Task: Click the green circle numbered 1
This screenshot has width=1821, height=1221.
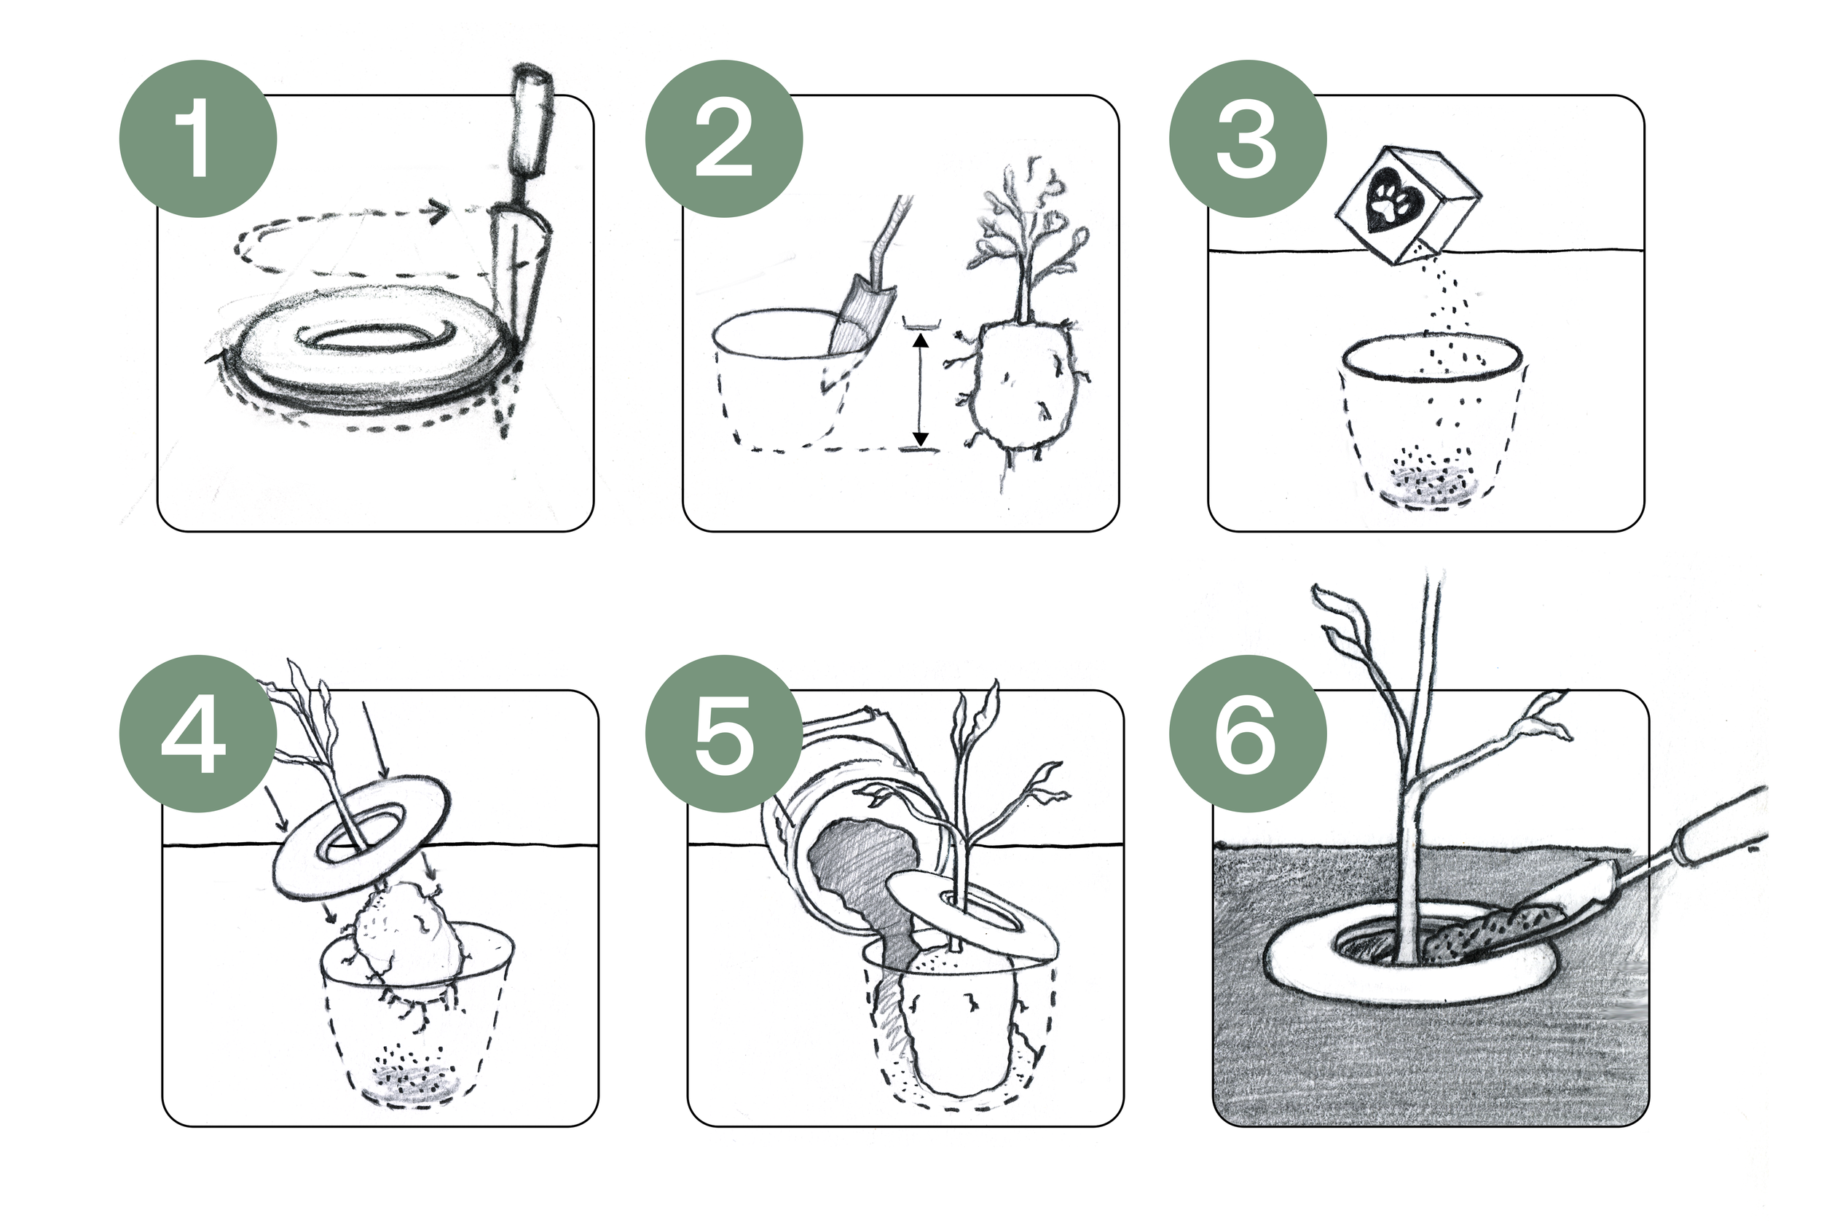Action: pyautogui.click(x=197, y=138)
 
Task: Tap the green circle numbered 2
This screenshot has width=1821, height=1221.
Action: pyautogui.click(x=723, y=138)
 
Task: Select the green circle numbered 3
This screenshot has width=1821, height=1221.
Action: pyautogui.click(x=1247, y=138)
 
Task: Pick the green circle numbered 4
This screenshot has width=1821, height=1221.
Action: pyautogui.click(x=197, y=734)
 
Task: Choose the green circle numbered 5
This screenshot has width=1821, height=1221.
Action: pyautogui.click(x=723, y=734)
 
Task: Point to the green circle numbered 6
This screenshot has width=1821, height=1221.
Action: pyautogui.click(x=1247, y=734)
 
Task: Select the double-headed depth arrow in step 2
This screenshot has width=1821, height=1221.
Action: pyautogui.click(x=920, y=389)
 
